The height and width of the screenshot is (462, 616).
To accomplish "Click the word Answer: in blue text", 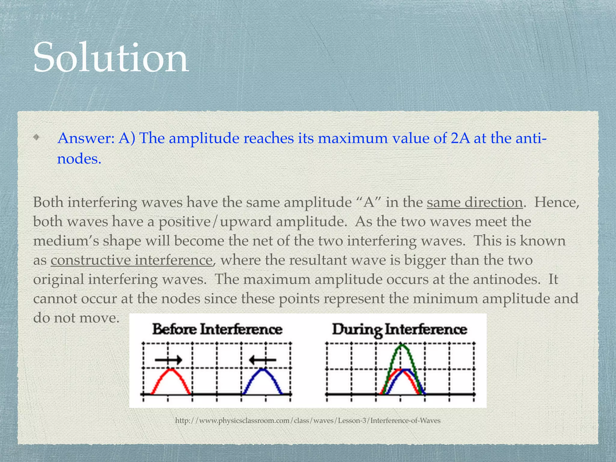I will [86, 138].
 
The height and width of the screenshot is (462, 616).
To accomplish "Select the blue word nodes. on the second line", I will [79, 158].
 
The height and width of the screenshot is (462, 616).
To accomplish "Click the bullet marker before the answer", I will [36, 138].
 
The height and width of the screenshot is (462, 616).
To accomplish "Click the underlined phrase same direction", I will [475, 202].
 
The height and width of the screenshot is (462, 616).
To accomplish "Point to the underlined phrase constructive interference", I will [132, 260].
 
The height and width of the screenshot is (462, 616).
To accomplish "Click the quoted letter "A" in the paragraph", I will [368, 202].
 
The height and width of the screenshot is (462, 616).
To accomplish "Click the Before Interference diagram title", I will [217, 329].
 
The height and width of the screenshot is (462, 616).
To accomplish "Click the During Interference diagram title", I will [399, 329].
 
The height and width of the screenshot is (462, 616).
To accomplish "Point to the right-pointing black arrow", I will [168, 359].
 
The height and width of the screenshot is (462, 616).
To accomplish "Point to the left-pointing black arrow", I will [263, 359].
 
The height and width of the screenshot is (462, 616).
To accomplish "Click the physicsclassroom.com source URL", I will [308, 420].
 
